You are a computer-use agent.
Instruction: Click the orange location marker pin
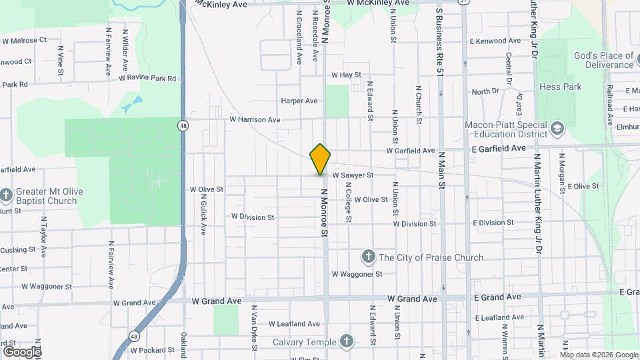pos(321,159)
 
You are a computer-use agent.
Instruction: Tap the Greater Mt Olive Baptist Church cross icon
pos(6,195)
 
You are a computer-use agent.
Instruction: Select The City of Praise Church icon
pos(367,257)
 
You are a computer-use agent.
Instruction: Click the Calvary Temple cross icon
pos(345,342)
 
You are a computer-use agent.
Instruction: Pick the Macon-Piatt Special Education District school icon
pos(557,127)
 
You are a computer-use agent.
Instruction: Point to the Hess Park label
pos(560,87)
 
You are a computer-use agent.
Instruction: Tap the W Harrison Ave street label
pos(255,119)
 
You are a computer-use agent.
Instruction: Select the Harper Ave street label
pos(299,101)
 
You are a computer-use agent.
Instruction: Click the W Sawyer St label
pos(352,175)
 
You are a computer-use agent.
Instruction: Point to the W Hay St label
pos(345,75)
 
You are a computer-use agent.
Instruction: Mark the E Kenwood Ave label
pos(499,41)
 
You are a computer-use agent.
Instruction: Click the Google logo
pos(21,351)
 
